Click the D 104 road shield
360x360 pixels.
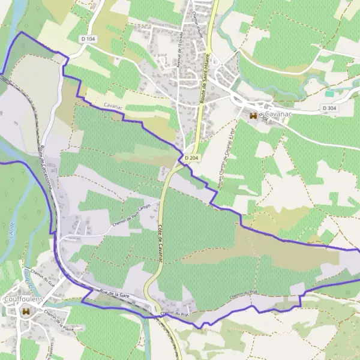(87, 38)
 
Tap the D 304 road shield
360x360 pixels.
(329, 108)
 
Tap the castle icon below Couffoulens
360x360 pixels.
(25, 312)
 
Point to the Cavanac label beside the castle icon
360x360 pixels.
(278, 114)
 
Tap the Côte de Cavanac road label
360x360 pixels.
(161, 238)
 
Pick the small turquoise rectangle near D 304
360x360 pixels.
(329, 94)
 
